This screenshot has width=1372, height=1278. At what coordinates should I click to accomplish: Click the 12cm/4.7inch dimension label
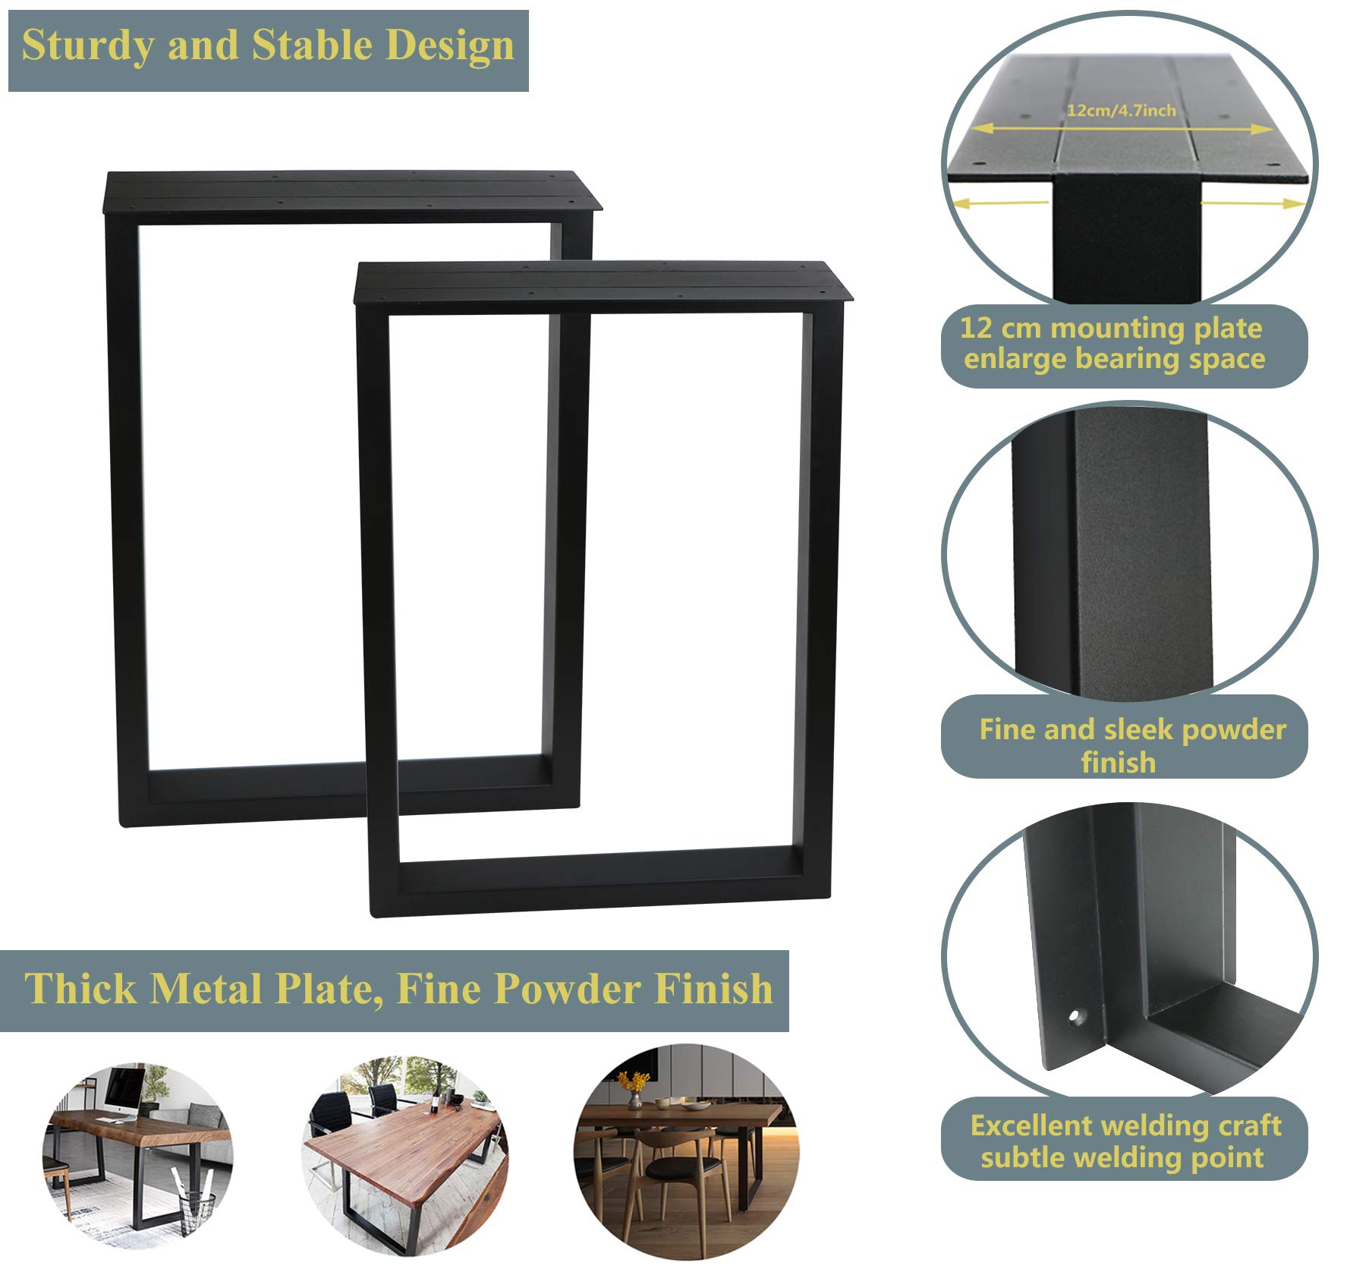pyautogui.click(x=1121, y=111)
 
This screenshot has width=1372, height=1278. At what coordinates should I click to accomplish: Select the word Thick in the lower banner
pyautogui.click(x=80, y=989)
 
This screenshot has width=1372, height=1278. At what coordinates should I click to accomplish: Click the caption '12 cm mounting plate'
pyautogui.click(x=1111, y=329)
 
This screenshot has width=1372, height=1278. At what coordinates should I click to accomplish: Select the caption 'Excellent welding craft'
pyautogui.click(x=1125, y=1125)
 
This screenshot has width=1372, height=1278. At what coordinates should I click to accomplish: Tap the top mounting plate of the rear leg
pyautogui.click(x=349, y=190)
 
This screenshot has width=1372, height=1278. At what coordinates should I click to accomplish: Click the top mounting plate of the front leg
pyautogui.click(x=603, y=282)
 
